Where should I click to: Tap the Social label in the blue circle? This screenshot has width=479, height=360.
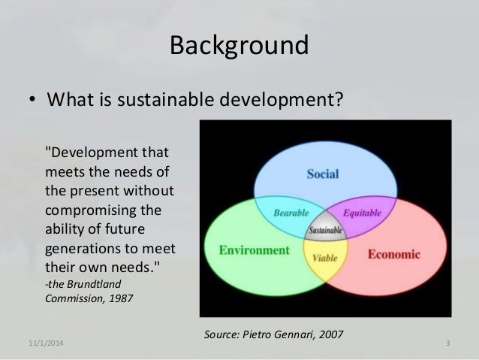(322, 174)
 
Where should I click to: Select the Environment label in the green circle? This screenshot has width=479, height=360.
(254, 250)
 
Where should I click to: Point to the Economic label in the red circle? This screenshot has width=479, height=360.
(393, 254)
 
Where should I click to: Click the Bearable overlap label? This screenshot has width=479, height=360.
(290, 213)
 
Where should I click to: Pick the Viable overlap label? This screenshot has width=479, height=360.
(325, 257)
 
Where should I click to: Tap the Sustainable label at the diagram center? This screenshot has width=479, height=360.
(325, 229)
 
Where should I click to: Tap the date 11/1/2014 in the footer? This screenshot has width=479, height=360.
(47, 344)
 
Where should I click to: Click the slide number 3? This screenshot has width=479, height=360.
(447, 344)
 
